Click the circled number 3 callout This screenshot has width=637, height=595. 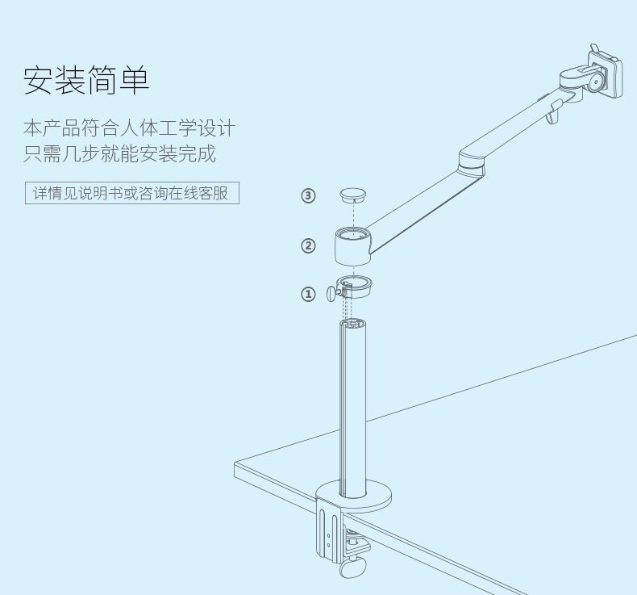tap(308, 195)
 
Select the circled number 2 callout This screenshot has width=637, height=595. tap(308, 245)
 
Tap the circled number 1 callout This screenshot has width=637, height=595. tap(308, 294)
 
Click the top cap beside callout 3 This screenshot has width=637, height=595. tap(352, 195)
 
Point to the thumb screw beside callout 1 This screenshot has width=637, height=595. tap(331, 293)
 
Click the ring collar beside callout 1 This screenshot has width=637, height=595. tap(355, 287)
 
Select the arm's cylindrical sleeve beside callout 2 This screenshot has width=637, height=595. tap(352, 246)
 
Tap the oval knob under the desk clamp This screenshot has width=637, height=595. tap(353, 568)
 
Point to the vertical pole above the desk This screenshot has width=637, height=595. tap(352, 404)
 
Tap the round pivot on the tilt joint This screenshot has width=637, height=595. tap(595, 82)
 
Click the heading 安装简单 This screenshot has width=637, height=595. tap(86, 79)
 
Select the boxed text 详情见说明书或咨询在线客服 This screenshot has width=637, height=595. tap(131, 194)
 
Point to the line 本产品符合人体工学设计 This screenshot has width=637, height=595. tap(129, 128)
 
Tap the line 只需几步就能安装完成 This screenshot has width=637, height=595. tap(119, 153)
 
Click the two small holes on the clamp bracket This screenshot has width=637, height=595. tap(328, 538)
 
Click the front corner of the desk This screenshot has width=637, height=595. tap(236, 465)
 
